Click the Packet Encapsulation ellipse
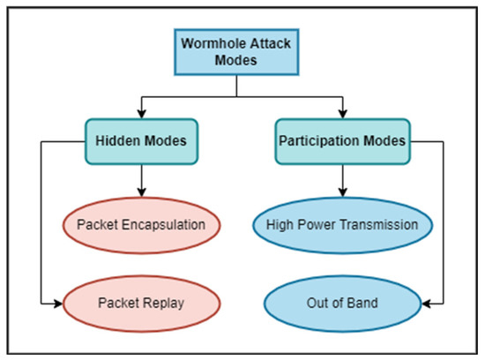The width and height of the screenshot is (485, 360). (x=140, y=224)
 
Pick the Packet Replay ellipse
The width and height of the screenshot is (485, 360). (x=140, y=304)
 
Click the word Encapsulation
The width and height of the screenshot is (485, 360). (x=163, y=224)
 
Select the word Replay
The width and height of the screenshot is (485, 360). (x=163, y=304)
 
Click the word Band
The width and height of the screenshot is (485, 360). (x=362, y=304)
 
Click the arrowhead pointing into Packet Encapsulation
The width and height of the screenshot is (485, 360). (x=140, y=196)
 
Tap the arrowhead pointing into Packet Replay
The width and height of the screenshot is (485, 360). (x=61, y=304)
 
